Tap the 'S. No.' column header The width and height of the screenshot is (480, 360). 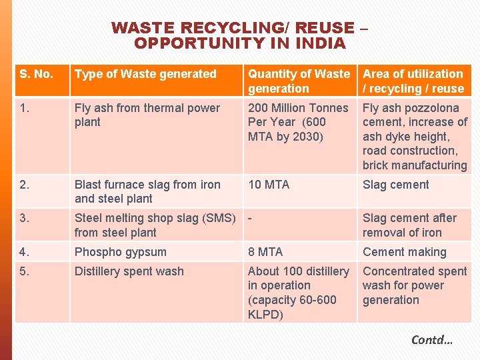coord(37,74)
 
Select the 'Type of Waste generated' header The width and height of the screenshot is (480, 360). coord(145,74)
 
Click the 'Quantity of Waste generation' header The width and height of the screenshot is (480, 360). coord(298,81)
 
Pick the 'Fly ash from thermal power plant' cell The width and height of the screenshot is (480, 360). coord(147,115)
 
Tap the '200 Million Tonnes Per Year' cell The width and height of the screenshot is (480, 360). coord(297,122)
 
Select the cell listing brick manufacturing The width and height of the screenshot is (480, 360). coord(414,136)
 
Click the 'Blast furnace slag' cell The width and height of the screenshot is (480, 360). coord(147,191)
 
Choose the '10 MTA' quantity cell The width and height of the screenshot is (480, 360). coord(269,185)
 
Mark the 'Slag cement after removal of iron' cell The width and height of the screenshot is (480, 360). coord(409,225)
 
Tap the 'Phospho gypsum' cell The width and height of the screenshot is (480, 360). coord(120,252)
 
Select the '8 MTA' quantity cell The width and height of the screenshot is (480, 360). coord(265,252)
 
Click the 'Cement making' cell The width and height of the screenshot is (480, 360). coord(404,252)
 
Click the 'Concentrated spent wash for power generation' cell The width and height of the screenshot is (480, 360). coord(414,285)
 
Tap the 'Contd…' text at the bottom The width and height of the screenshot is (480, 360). coord(432,340)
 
